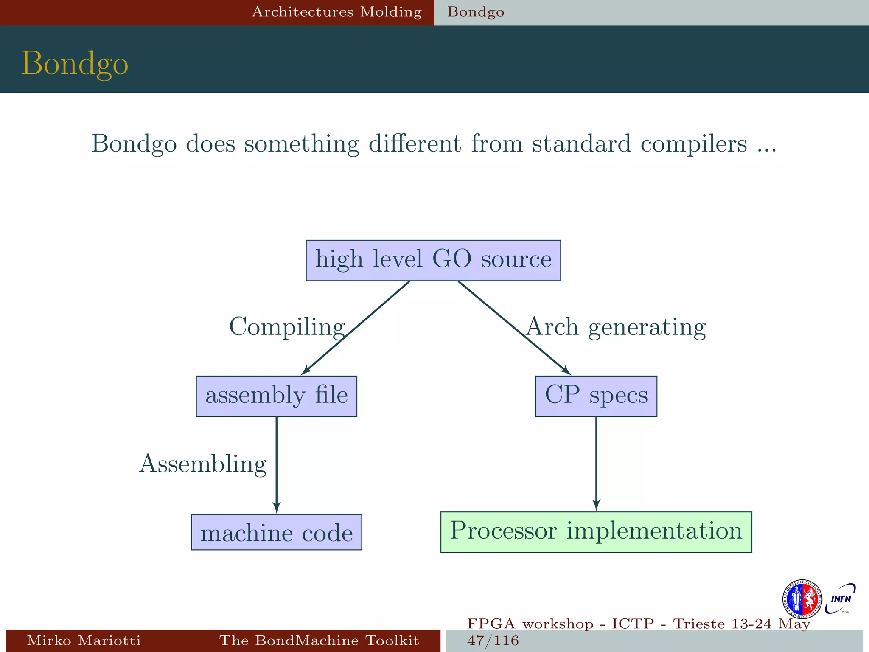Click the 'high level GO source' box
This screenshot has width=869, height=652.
point(433,260)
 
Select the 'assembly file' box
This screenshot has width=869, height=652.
point(276,396)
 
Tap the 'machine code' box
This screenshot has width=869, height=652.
point(276,532)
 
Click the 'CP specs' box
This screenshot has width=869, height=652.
point(596,396)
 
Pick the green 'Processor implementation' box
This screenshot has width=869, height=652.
point(596,532)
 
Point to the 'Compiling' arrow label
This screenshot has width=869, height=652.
point(287,327)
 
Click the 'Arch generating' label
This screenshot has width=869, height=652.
point(616,327)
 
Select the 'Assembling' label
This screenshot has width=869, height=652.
point(203,464)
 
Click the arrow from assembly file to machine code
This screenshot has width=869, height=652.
point(277,465)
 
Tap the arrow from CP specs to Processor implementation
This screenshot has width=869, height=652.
point(596,464)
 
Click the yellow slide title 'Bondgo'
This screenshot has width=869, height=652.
point(75,64)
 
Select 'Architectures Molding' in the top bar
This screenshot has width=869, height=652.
point(337,12)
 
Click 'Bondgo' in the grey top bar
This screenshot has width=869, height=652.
point(476,12)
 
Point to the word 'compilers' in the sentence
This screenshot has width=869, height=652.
point(693,143)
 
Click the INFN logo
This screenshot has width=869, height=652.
point(840,599)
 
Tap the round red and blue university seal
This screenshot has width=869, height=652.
point(802,599)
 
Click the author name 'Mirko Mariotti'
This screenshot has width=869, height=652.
point(84,640)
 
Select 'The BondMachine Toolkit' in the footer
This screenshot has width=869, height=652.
point(319,640)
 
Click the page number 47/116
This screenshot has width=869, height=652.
point(493,640)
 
